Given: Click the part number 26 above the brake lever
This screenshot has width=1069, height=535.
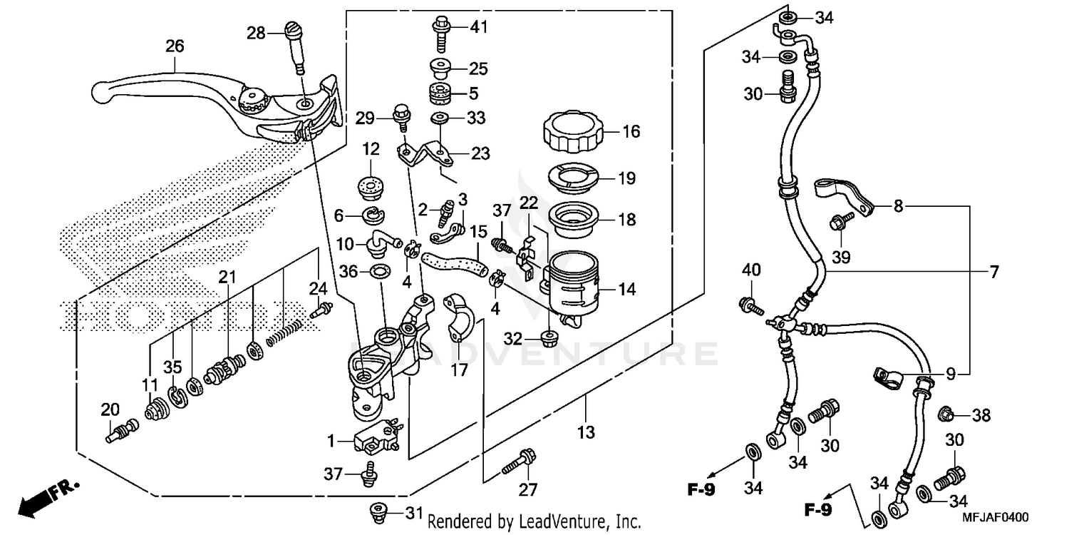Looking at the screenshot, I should click(x=175, y=46).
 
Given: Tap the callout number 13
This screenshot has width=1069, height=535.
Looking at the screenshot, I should click(x=586, y=432).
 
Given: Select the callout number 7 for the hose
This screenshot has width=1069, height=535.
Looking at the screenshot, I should click(x=993, y=272).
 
